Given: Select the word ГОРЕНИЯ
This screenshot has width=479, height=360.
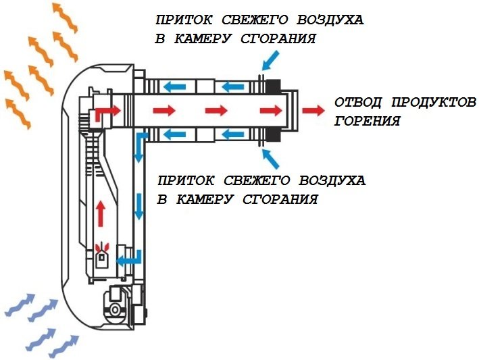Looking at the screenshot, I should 368,122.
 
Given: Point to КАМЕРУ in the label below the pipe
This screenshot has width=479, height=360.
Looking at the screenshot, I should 205,200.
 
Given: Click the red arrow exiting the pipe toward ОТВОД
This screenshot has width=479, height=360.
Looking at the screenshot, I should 312,109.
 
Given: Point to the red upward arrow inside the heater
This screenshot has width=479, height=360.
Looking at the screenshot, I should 101,213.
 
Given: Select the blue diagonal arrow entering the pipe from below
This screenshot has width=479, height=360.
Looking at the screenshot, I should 272,159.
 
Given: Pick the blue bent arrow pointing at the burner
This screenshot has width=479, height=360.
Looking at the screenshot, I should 129,258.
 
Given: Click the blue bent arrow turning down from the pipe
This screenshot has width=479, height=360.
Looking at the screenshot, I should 140,145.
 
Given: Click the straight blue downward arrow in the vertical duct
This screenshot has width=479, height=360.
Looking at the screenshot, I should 139,206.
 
